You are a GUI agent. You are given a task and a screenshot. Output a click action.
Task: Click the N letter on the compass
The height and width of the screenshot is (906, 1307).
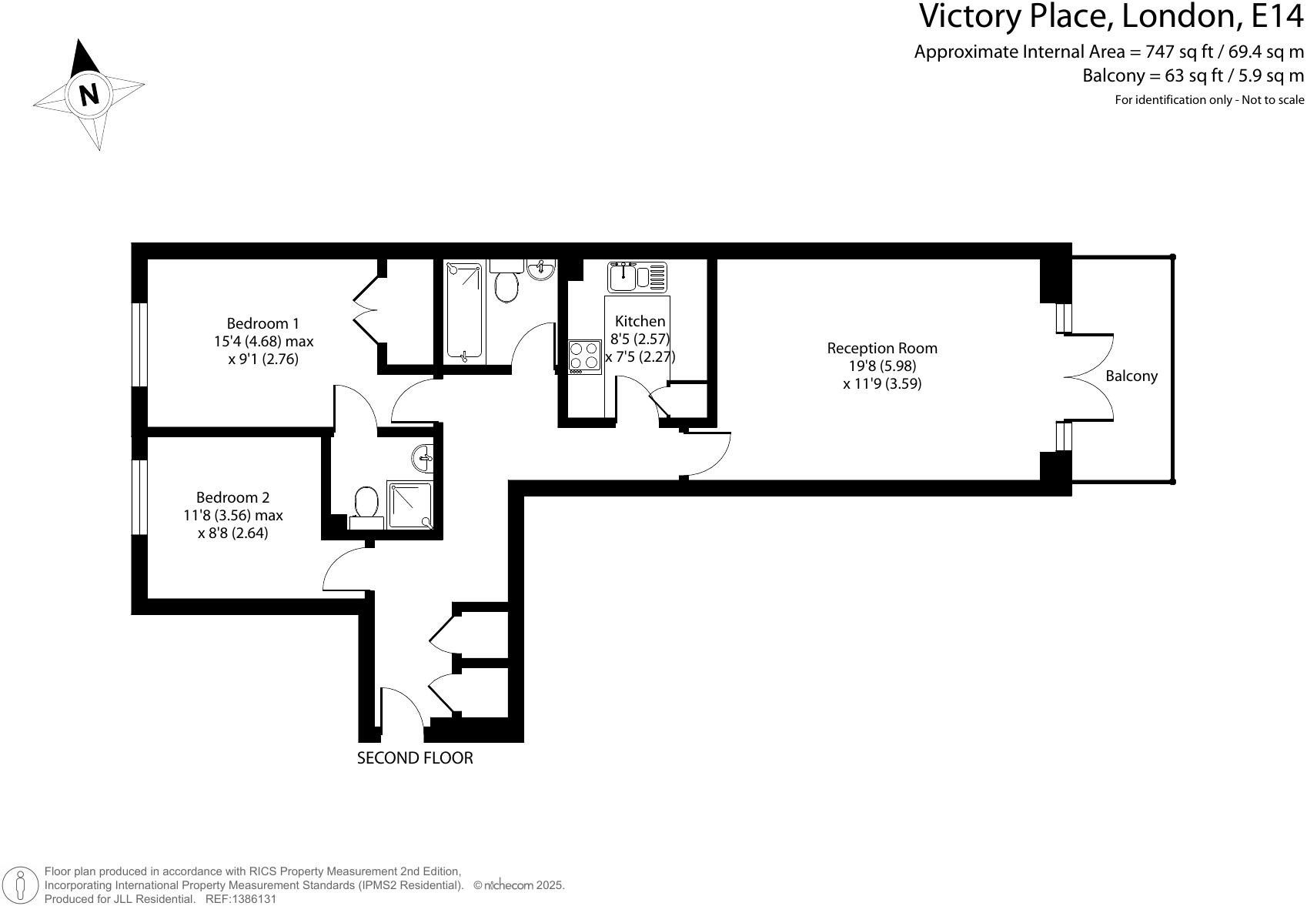pyautogui.click(x=89, y=95)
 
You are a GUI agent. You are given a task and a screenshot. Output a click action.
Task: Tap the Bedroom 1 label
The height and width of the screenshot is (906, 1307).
pyautogui.click(x=262, y=323)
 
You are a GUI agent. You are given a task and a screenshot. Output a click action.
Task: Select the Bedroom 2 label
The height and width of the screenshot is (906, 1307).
pyautogui.click(x=232, y=497)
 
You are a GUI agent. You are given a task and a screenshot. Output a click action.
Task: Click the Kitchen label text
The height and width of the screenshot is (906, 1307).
pyautogui.click(x=640, y=321)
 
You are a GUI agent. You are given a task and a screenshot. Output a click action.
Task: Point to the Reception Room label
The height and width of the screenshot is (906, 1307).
pyautogui.click(x=882, y=348)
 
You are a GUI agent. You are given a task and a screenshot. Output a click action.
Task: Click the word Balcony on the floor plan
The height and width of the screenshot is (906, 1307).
pyautogui.click(x=1132, y=376)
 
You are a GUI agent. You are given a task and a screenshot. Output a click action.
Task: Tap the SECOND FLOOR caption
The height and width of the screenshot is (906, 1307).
pyautogui.click(x=415, y=757)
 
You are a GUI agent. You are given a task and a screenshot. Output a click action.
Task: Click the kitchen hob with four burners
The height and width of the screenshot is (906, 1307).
pyautogui.click(x=585, y=357)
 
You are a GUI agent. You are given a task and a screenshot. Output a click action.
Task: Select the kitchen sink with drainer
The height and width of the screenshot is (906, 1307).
pyautogui.click(x=637, y=276)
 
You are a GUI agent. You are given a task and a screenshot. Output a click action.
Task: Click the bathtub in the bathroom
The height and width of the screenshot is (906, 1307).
pyautogui.click(x=464, y=310)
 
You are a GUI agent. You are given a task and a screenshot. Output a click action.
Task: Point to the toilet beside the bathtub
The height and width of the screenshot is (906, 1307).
pyautogui.click(x=506, y=282)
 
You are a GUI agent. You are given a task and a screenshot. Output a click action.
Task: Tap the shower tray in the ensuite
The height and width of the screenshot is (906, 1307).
pyautogui.click(x=409, y=505)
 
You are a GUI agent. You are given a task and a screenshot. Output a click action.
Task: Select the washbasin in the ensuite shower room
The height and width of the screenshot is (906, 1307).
pyautogui.click(x=423, y=459)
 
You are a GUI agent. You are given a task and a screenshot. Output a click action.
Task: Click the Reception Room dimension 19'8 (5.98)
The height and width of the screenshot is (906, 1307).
pyautogui.click(x=882, y=366)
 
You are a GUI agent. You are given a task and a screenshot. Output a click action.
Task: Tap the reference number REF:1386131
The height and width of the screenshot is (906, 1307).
pyautogui.click(x=240, y=899)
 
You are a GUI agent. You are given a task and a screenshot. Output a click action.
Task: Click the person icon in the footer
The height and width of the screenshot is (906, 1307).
pyautogui.click(x=21, y=885)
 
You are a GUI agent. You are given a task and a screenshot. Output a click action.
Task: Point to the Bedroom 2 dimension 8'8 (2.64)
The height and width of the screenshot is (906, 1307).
pyautogui.click(x=232, y=533)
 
